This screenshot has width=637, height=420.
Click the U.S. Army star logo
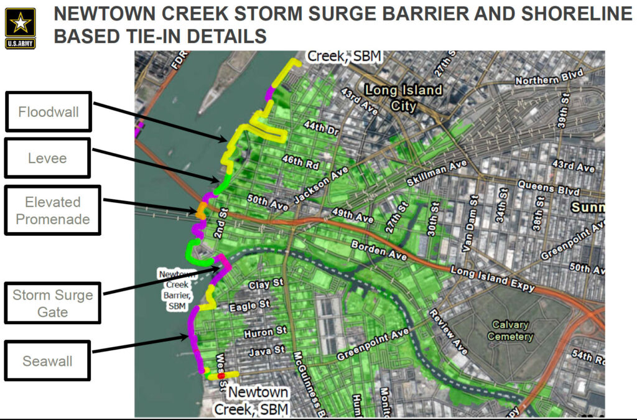21,28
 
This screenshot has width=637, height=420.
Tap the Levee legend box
48,159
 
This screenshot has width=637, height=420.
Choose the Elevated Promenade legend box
53,210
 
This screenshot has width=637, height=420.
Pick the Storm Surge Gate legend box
53,303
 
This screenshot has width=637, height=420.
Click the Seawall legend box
48,360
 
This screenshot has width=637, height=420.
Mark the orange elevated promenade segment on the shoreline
201,210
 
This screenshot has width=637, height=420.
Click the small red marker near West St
221,376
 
